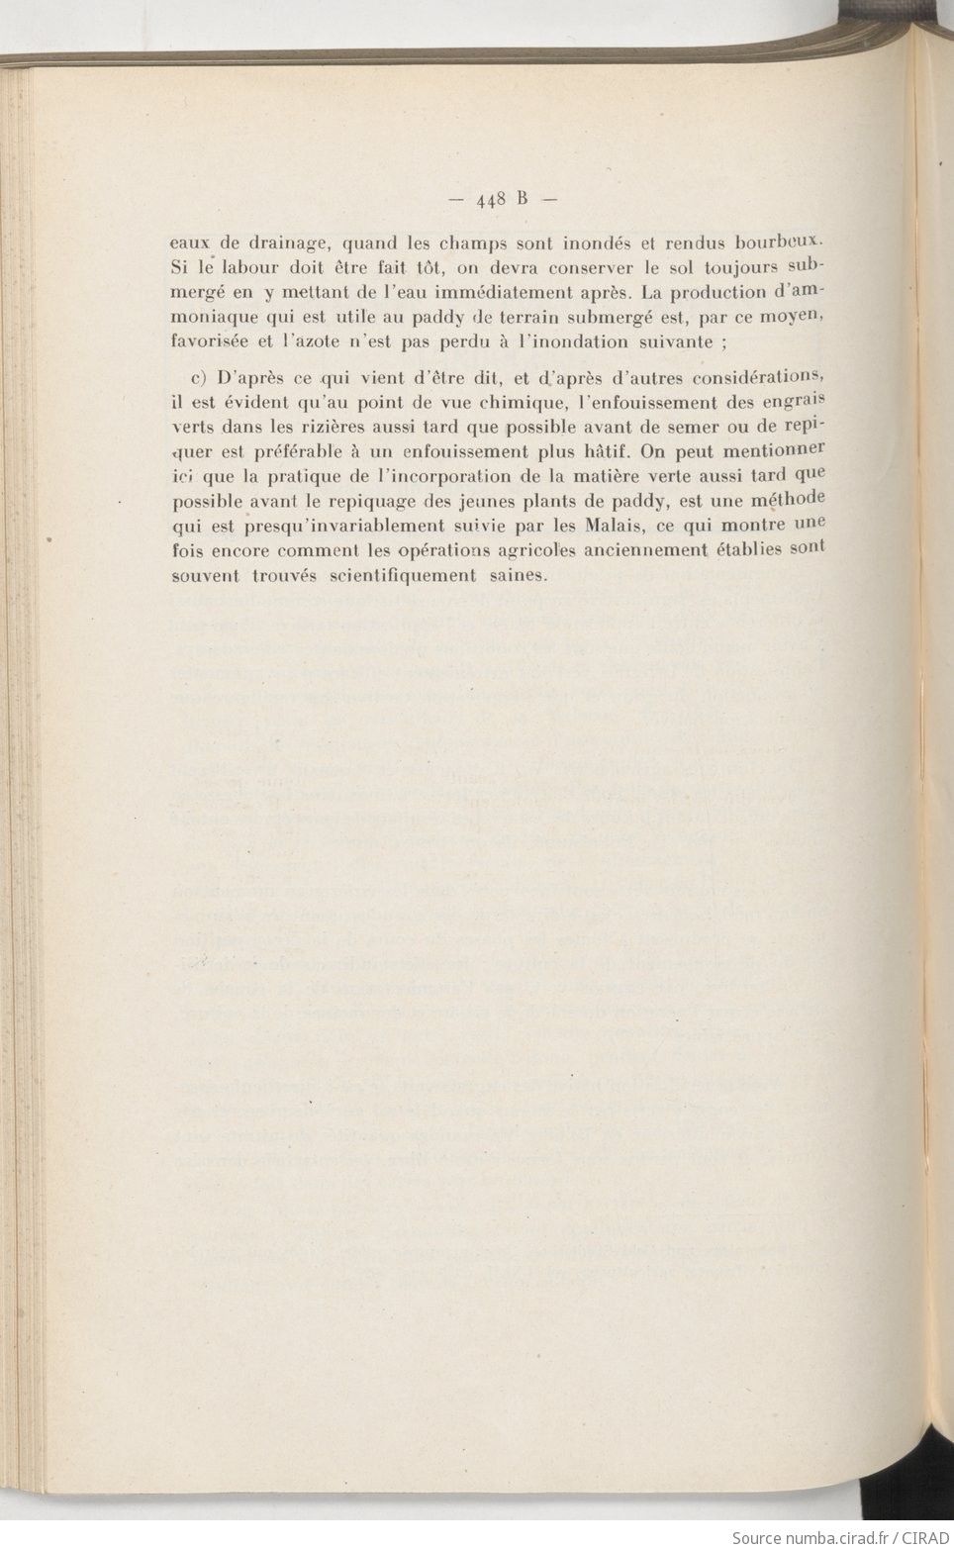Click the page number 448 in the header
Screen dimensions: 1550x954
491,199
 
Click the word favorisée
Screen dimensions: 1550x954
210,342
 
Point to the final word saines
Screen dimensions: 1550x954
517,575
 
